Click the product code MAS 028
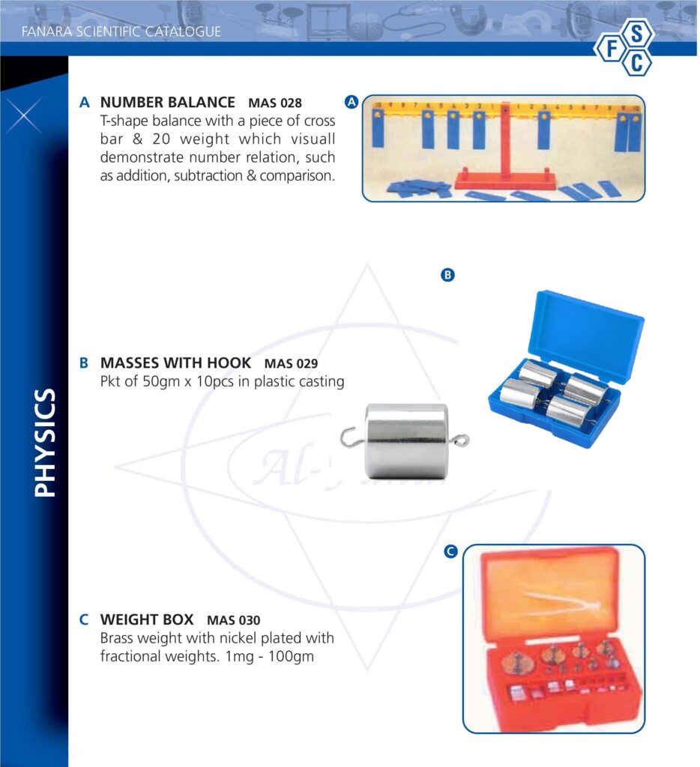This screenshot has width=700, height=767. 275,103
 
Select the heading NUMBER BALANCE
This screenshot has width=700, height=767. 167,102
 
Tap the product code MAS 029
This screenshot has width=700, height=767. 291,363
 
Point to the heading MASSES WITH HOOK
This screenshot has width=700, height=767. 175,363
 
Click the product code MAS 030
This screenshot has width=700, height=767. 234,620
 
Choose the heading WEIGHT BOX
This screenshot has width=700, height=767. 147,619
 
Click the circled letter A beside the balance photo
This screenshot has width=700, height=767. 351,102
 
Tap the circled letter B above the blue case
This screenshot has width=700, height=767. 447,275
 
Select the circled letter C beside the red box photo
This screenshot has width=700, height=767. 450,551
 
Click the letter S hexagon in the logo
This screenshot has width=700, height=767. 636,34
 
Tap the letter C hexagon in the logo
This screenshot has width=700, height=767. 636,63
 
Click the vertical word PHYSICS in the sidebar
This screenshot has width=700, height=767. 45,443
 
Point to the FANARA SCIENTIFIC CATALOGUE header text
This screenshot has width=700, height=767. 121,31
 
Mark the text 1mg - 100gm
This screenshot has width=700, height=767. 269,656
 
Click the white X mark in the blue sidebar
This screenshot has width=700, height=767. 23,116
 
